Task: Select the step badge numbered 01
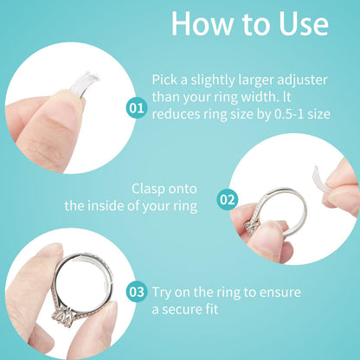136,108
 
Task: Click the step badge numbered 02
228,199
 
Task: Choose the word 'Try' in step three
163,292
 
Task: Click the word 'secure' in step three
190,308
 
